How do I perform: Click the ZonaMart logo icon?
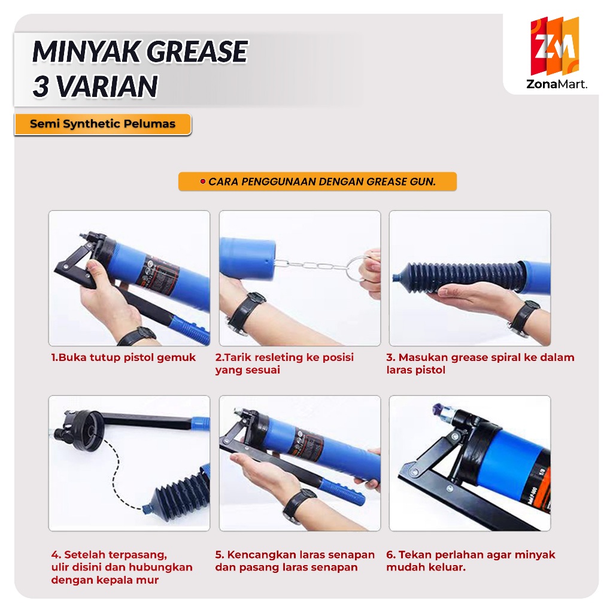(554, 46)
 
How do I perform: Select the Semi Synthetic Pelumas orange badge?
(103, 125)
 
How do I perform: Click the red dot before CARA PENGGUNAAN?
(202, 181)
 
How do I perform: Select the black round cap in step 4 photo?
(83, 430)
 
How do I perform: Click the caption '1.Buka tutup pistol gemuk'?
(123, 357)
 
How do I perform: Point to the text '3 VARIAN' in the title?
(95, 86)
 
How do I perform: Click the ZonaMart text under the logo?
(556, 84)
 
